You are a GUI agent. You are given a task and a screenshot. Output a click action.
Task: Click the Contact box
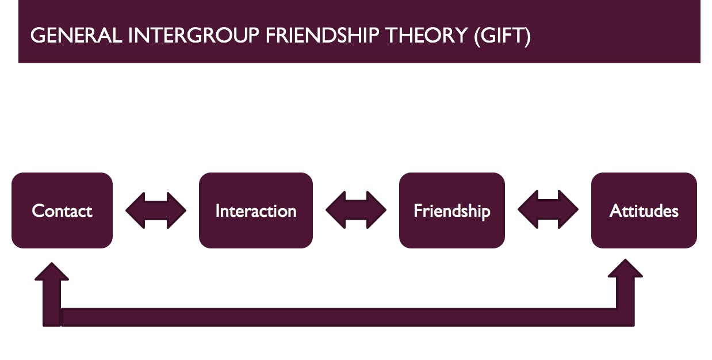pyautogui.click(x=62, y=210)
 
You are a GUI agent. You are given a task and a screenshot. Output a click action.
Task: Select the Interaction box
pyautogui.click(x=256, y=210)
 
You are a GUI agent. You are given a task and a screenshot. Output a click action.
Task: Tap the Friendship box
pyautogui.click(x=452, y=210)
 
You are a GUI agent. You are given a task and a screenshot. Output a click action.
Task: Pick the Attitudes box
pyautogui.click(x=644, y=210)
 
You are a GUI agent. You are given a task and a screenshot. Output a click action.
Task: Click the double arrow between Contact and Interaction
pyautogui.click(x=156, y=210)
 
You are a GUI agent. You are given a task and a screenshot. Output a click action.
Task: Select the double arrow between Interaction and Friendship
pyautogui.click(x=356, y=210)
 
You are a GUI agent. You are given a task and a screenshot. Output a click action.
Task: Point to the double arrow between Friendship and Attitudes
pyautogui.click(x=548, y=210)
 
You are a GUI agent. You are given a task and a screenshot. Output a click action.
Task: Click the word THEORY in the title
pyautogui.click(x=426, y=36)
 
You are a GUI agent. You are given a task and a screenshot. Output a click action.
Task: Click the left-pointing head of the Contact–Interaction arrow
pyautogui.click(x=135, y=210)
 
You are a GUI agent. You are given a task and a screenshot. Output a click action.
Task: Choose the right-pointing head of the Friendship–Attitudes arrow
pyautogui.click(x=569, y=210)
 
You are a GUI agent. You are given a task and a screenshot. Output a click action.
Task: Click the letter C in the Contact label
pyautogui.click(x=38, y=211)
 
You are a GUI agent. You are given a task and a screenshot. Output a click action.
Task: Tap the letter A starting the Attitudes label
pyautogui.click(x=615, y=211)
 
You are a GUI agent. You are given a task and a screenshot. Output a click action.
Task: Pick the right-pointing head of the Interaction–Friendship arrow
pyautogui.click(x=377, y=210)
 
